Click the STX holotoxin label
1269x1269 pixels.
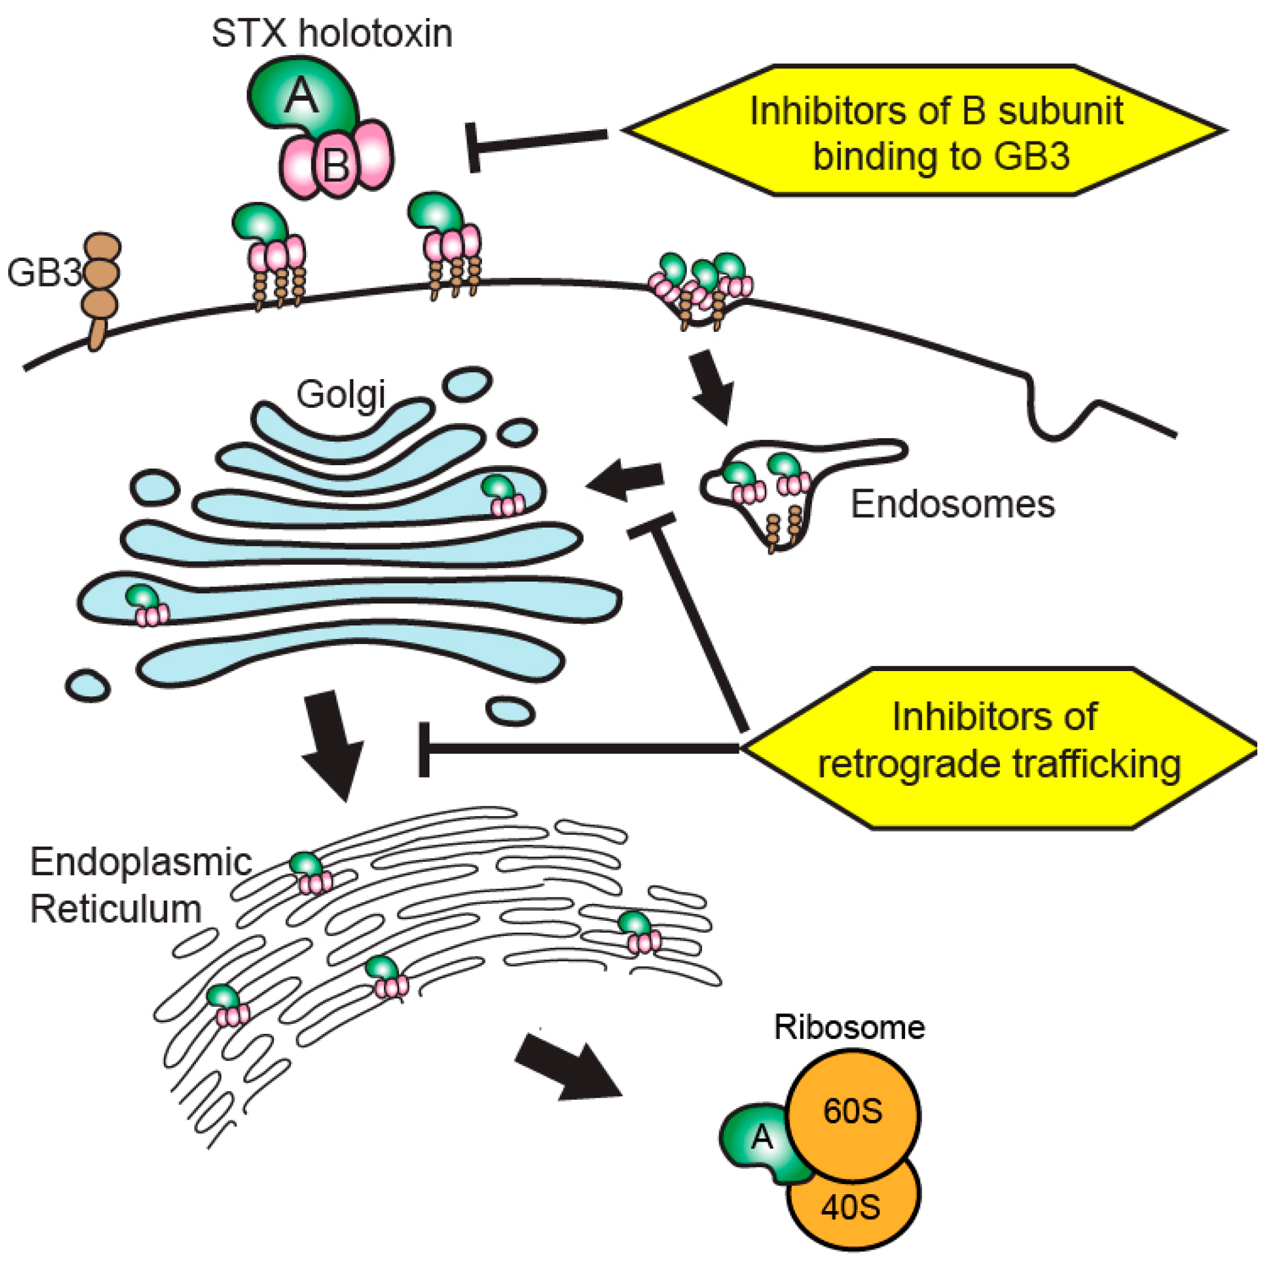pos(332,34)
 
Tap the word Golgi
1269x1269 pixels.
pos(341,395)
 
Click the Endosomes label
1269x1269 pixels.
pos(952,504)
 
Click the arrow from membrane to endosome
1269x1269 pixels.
pos(712,387)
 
